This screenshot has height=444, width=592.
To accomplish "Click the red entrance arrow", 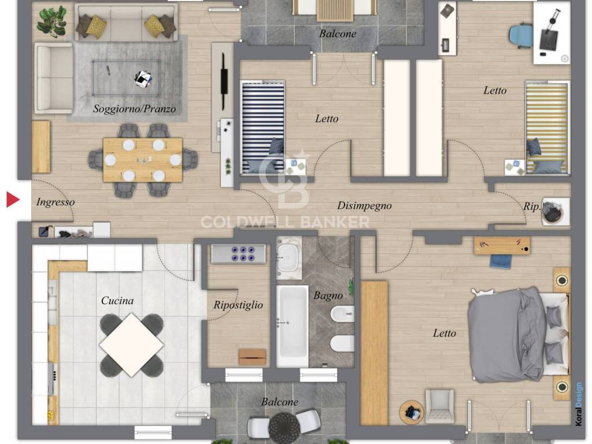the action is [13, 199].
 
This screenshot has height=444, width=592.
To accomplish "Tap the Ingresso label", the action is [55, 202].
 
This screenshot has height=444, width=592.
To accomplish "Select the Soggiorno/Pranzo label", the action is [134, 109].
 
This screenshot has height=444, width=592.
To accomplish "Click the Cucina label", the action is [117, 301].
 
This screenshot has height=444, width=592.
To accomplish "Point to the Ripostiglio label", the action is [238, 305].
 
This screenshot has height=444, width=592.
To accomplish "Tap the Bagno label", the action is [328, 295].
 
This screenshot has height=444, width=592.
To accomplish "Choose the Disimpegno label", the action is [364, 206].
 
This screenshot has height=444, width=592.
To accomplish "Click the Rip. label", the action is [532, 207].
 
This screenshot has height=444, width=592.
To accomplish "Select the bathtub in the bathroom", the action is [292, 326].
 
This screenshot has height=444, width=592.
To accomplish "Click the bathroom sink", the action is [289, 258].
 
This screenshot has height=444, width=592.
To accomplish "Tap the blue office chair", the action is [521, 36].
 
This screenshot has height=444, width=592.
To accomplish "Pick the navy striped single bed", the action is [263, 127].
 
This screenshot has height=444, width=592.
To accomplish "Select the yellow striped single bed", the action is [547, 127].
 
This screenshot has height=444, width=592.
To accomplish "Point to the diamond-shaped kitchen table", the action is [131, 345].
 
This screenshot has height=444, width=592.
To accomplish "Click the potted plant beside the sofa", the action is [51, 21].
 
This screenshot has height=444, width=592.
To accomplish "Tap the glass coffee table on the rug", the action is [125, 78].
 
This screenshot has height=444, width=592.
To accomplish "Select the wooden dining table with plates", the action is [143, 160].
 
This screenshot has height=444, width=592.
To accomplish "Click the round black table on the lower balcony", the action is [284, 428].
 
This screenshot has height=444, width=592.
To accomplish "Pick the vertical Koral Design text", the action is [579, 404].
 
